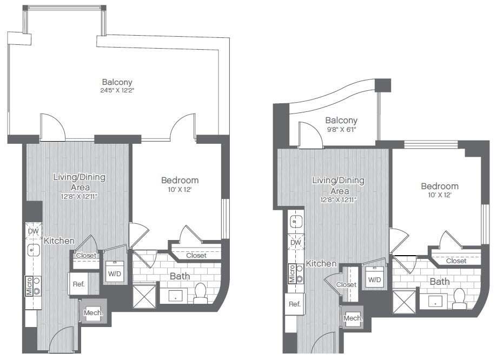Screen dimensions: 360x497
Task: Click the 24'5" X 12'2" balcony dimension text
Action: [x=117, y=91]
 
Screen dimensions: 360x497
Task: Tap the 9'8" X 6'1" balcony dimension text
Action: [x=341, y=130]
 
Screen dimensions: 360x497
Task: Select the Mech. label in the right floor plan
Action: [x=353, y=318]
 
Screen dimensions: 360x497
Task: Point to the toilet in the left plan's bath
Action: [x=201, y=292]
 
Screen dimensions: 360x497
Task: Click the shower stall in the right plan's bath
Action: [x=403, y=301]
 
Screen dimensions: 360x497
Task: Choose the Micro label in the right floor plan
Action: [x=292, y=274]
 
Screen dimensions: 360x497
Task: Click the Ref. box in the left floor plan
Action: [x=78, y=284]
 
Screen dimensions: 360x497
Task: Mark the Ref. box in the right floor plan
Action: [x=295, y=304]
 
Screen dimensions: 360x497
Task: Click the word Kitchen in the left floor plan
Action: [x=59, y=241]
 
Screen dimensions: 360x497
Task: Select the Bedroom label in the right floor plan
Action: [x=440, y=186]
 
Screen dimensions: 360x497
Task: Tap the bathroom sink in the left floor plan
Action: [x=175, y=297]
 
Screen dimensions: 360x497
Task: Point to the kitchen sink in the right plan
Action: [x=295, y=221]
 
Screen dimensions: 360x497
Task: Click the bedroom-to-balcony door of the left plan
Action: [x=183, y=128]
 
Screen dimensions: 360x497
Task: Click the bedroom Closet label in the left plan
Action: [x=196, y=255]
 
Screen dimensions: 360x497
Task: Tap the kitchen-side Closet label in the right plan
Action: [x=346, y=284]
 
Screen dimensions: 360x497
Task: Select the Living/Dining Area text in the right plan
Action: [x=338, y=185]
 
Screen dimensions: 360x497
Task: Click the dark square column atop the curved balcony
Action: [x=382, y=85]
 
